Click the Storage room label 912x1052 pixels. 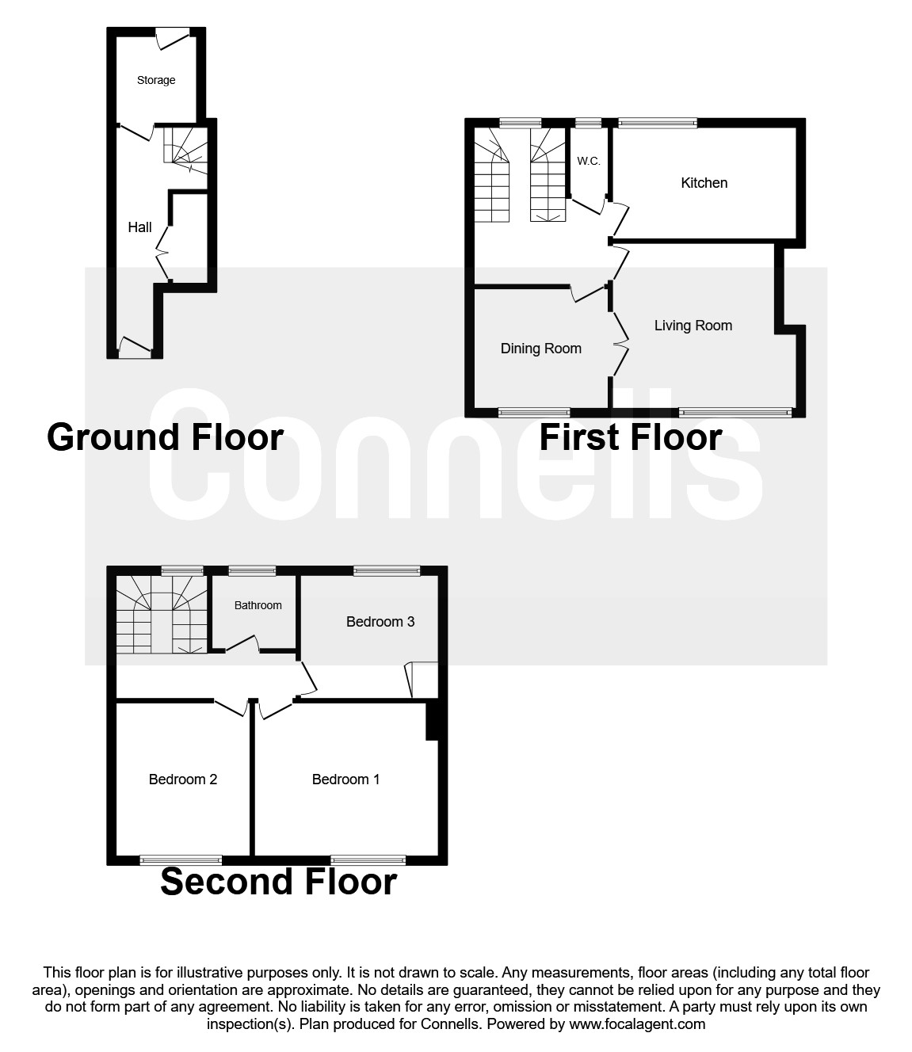click(156, 80)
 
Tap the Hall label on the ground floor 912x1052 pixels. click(139, 227)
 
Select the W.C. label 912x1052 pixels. click(588, 161)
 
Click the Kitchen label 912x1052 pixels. click(704, 183)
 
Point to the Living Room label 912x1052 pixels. click(693, 326)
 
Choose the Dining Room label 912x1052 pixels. click(540, 349)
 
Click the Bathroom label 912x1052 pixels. click(258, 605)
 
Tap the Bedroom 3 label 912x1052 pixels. click(380, 622)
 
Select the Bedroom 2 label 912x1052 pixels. click(182, 779)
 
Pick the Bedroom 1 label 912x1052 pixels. click(345, 779)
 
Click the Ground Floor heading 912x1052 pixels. click(165, 437)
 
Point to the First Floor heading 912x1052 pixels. click(630, 437)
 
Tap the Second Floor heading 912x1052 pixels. click(278, 882)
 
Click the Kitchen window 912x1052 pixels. click(657, 123)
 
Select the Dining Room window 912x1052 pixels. click(533, 412)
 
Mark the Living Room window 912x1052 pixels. click(735, 412)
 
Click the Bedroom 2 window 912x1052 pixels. click(181, 860)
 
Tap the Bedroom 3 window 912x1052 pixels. click(387, 570)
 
